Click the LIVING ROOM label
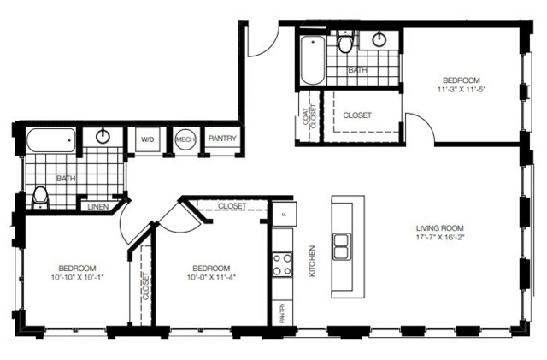[439, 228]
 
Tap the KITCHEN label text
[312, 261]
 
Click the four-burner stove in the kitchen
[282, 264]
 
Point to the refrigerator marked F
[285, 214]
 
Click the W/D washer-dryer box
[148, 139]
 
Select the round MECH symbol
[185, 139]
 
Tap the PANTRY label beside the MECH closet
[222, 139]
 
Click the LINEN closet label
[98, 207]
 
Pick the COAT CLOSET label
[309, 115]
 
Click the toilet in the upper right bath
[346, 42]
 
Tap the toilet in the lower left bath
[40, 198]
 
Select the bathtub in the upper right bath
[313, 60]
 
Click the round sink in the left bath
[103, 136]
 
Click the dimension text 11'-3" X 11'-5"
[462, 89]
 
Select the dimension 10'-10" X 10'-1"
[78, 278]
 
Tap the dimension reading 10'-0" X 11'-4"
[211, 278]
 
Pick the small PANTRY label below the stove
[282, 313]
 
